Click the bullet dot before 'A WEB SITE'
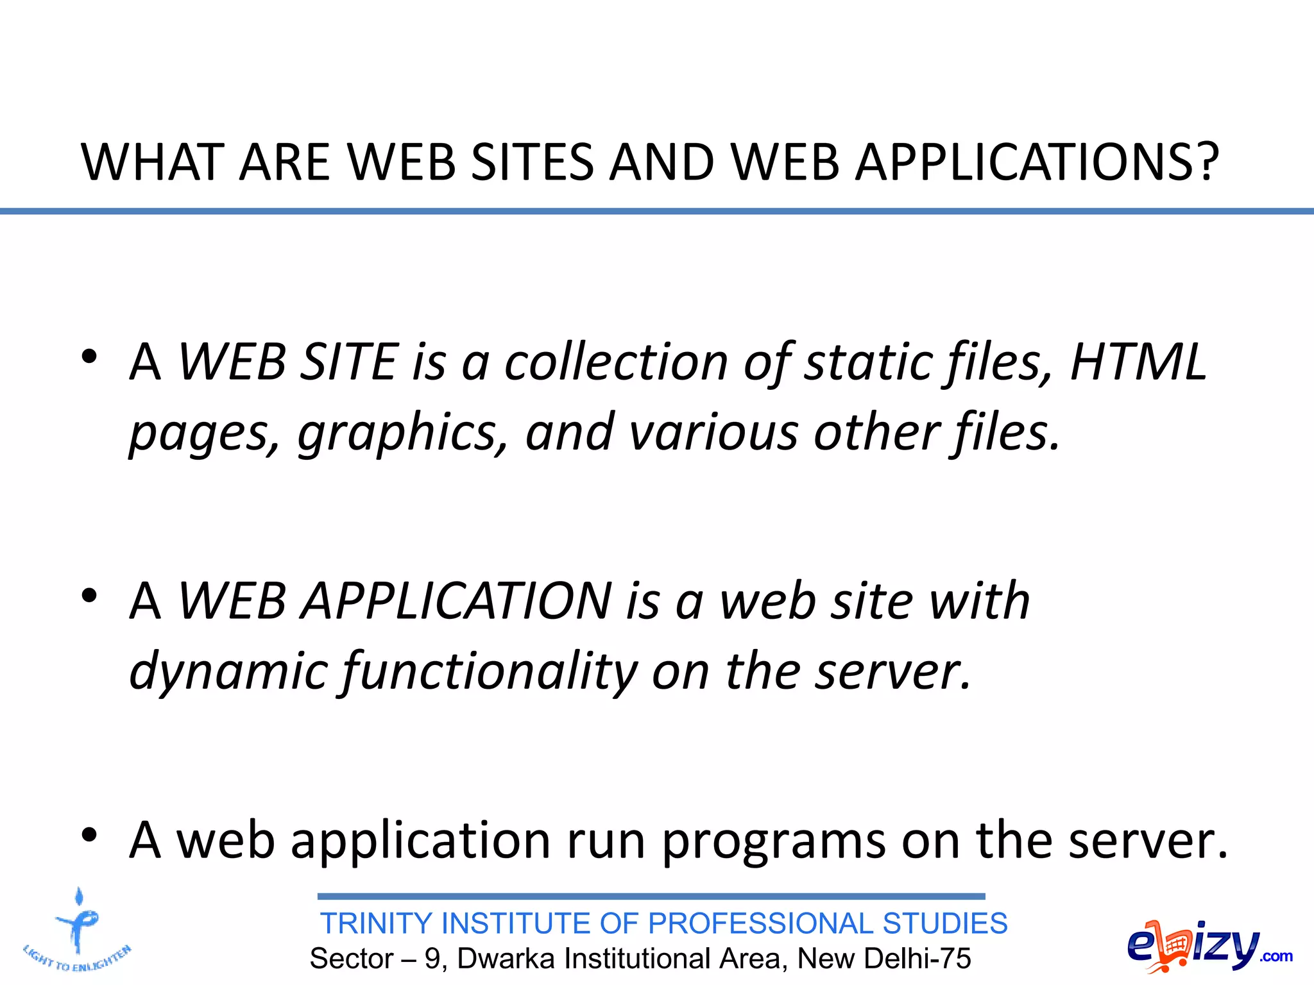pos(89,357)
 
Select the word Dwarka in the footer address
pos(506,959)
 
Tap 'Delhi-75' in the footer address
pos(917,959)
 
